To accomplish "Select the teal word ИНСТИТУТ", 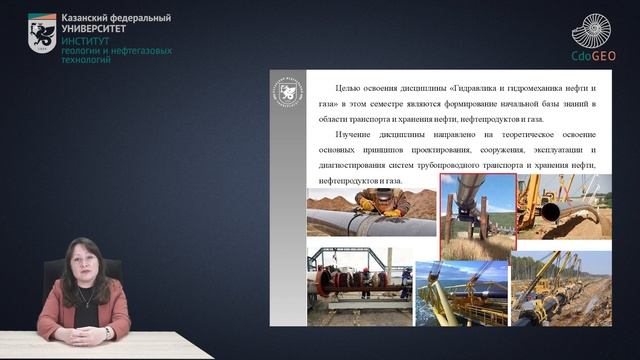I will click(87, 40).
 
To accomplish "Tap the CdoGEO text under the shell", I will click(594, 57).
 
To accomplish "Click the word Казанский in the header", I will click(88, 18).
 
